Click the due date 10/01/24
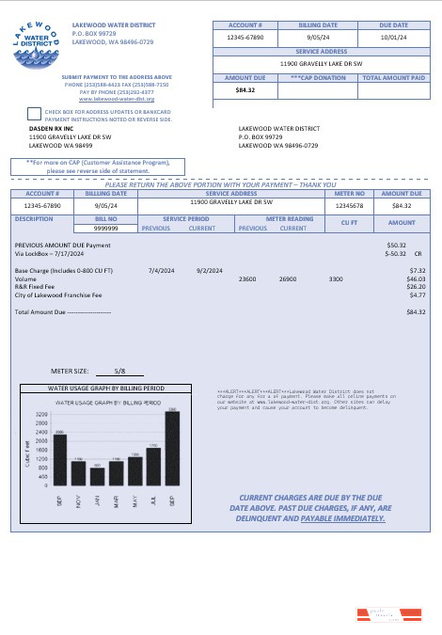coord(394,37)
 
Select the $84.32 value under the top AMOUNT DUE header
coord(246,90)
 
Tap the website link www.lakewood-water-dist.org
coord(117,99)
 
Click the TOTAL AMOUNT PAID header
coord(394,78)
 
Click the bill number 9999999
coord(105,228)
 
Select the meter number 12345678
coord(349,204)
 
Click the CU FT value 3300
coord(336,279)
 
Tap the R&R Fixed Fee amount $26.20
coord(416,287)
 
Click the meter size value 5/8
coord(118,372)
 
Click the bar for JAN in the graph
coord(97,476)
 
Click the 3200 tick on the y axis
coord(42,414)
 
